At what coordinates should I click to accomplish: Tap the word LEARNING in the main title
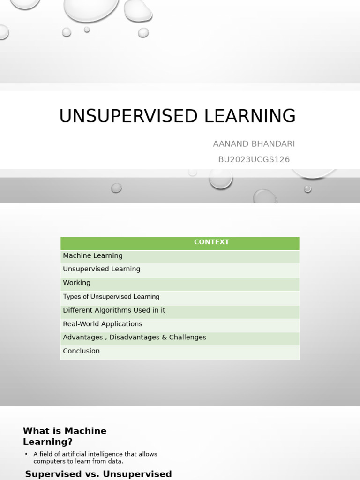tap(250, 116)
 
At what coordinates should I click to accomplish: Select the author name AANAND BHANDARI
tap(254, 144)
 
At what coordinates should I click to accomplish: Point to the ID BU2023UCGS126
tap(254, 159)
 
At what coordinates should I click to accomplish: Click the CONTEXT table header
tap(211, 242)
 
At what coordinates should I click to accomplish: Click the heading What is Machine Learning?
tap(65, 436)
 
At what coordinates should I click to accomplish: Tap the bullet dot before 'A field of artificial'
tap(26, 454)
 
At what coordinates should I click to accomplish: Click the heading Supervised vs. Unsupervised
tap(98, 474)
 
